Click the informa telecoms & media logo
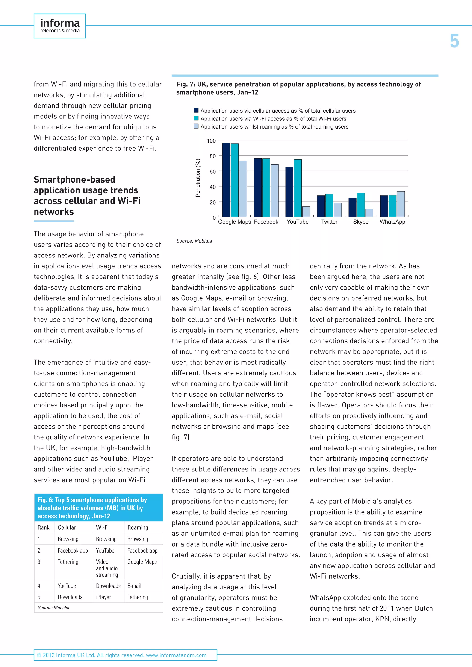[x=60, y=26]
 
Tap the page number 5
[x=454, y=41]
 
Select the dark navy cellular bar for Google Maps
[x=226, y=180]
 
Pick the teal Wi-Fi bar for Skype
[x=361, y=205]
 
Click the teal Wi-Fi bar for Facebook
[x=266, y=187]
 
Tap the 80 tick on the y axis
[x=213, y=156]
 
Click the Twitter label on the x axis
[x=329, y=222]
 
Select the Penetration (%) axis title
[x=198, y=178]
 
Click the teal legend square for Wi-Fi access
[x=196, y=119]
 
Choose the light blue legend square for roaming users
[x=196, y=126]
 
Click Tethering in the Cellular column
[x=68, y=562]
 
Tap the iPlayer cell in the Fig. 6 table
[x=103, y=597]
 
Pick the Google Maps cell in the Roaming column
[x=142, y=562]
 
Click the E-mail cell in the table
[x=135, y=586]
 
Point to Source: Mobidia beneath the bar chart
[x=194, y=241]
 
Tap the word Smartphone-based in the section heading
[x=74, y=179]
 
